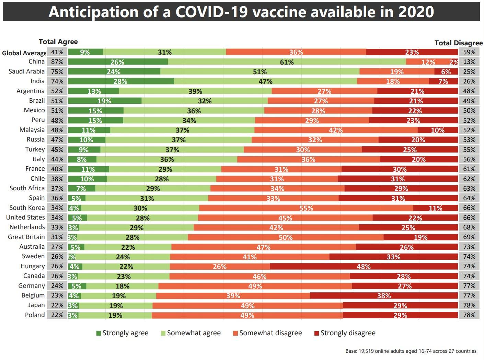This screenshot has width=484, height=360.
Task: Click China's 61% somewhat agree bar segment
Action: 287,62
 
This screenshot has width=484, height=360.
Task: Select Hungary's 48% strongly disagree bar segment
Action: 364,266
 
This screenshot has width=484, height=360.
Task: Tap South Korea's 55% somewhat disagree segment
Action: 306,208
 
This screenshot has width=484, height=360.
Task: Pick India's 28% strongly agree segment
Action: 121,81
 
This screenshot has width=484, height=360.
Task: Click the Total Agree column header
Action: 58,42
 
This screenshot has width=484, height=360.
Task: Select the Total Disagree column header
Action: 458,43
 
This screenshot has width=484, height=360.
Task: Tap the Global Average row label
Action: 24,53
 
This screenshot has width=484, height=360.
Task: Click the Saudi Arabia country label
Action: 27,71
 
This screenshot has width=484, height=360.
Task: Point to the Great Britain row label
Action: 26,237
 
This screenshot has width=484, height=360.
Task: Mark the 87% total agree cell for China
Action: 57,62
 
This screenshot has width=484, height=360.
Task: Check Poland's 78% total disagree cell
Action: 469,315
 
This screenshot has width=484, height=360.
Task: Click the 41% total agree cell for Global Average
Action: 57,52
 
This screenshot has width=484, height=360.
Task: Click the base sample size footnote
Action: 411,351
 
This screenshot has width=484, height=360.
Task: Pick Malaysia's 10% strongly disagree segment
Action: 438,130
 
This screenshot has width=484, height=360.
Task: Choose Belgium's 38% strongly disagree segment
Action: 384,295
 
